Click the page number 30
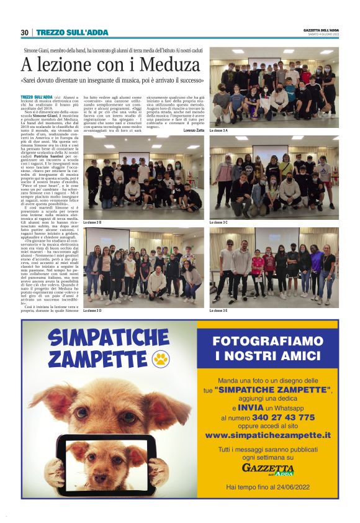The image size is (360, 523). pos(24,32)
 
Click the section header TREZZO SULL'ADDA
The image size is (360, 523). pos(72,32)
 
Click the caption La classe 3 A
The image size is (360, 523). pos(218,130)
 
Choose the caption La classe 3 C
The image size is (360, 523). pos(218,222)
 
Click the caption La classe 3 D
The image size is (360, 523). pos(92,310)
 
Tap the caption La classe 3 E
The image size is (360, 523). pos(218,310)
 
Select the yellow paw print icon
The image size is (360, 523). pos(161,358)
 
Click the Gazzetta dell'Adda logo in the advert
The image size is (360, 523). pos(268,468)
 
